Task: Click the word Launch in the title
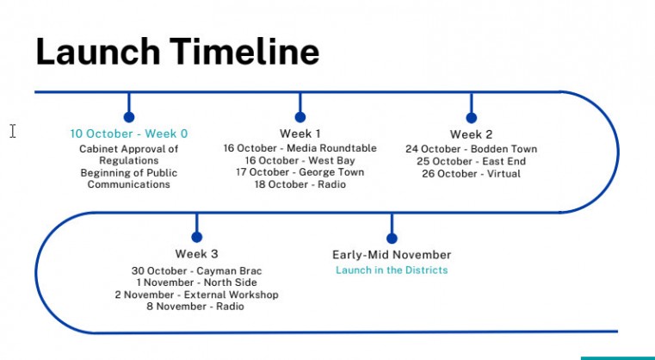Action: (98, 51)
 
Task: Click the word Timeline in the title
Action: (244, 51)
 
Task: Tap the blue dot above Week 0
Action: (129, 117)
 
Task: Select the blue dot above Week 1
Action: (300, 117)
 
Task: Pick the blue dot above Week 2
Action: (471, 118)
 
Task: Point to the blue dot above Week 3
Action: (197, 237)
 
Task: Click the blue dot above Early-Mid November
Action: (392, 238)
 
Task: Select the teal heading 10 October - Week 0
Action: (129, 133)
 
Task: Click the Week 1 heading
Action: (300, 133)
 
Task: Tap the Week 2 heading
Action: (471, 134)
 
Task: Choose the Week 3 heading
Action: (197, 254)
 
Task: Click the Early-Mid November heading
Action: (392, 255)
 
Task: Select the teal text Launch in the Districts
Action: (392, 270)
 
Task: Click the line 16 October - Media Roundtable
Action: (300, 148)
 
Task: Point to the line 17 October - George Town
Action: (300, 172)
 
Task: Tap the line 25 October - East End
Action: (471, 161)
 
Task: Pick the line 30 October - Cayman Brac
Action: (197, 271)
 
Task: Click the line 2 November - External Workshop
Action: (197, 295)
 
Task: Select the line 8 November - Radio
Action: (195, 307)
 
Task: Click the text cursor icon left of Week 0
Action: (13, 131)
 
